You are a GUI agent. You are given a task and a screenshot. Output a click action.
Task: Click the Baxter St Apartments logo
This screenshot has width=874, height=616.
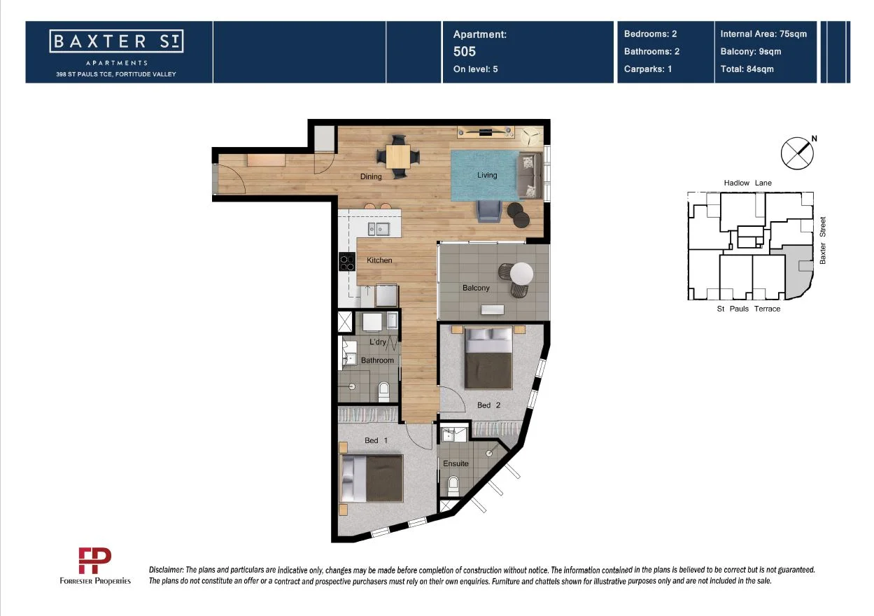117,42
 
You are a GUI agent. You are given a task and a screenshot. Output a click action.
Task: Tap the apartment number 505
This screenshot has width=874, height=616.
464,51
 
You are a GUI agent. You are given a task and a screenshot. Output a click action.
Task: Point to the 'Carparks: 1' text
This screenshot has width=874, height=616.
648,69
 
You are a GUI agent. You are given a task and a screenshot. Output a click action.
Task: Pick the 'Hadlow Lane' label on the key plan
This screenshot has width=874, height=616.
747,183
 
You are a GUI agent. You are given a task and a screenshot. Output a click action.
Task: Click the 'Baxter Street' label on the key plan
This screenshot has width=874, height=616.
823,240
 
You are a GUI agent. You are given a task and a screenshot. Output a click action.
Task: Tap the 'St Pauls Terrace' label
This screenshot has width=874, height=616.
748,309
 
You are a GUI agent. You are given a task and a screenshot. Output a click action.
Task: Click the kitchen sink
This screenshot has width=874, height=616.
378,229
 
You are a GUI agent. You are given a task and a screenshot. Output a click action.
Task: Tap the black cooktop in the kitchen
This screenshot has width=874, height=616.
347,262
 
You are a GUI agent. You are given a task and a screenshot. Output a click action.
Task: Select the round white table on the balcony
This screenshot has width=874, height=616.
522,273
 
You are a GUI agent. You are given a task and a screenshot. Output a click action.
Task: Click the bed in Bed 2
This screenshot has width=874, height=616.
489,358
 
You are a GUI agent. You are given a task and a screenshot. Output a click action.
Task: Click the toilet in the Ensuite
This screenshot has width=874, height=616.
453,484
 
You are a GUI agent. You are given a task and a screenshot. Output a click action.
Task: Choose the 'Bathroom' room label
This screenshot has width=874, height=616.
377,360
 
